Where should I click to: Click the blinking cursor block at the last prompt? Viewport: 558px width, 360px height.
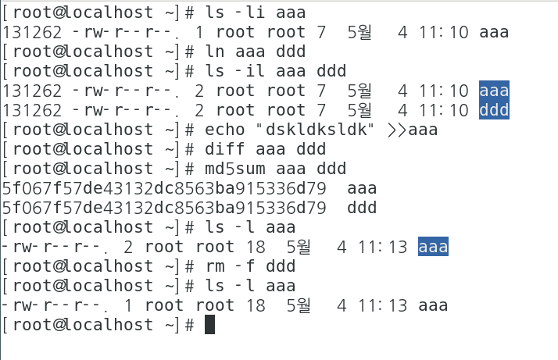[209, 325]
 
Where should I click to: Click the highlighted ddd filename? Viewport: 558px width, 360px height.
[494, 110]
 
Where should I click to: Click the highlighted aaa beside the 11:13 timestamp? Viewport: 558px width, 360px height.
[433, 247]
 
